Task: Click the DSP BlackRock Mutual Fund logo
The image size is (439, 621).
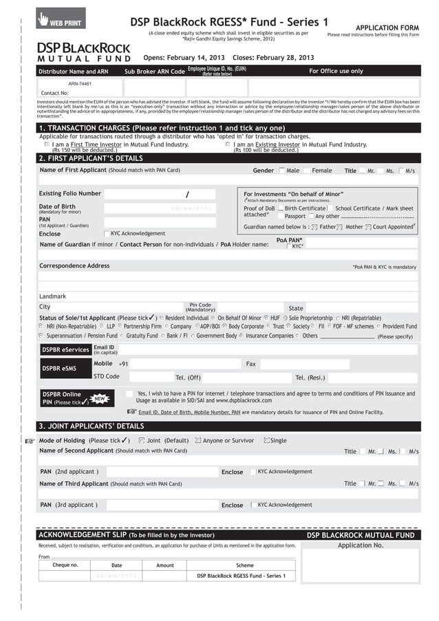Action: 83,52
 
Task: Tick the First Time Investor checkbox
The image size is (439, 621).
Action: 47,145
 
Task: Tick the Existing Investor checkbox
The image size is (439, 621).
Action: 228,145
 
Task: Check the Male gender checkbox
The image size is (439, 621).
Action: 282,171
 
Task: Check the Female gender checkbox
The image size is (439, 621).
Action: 308,171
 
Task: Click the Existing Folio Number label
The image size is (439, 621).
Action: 69,194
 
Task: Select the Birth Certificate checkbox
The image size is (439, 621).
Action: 281,208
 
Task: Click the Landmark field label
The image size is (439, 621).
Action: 53,296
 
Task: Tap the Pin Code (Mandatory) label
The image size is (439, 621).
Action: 200,307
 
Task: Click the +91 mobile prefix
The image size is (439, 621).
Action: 123,364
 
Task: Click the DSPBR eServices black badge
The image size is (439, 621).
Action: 65,350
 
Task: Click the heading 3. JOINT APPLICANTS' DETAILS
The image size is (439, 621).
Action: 91,426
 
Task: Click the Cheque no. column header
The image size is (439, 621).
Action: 65,565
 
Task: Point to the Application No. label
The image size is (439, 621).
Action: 360,545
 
